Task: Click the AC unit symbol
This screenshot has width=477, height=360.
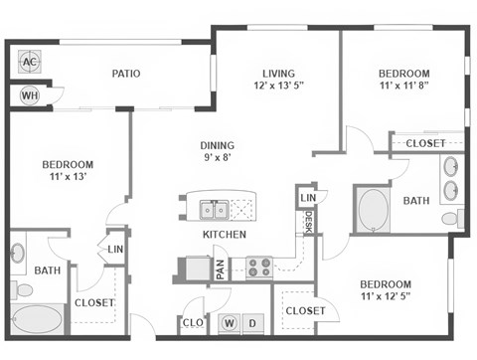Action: (x=29, y=62)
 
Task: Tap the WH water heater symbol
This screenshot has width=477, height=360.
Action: (x=29, y=95)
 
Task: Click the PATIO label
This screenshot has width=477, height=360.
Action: (x=125, y=74)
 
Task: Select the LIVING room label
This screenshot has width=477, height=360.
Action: (x=278, y=74)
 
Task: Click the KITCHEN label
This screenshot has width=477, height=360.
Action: (x=225, y=235)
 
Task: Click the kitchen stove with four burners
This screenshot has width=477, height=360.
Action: (x=259, y=268)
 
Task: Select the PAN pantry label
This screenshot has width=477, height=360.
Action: (x=221, y=269)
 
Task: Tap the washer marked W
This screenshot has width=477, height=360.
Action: (x=229, y=323)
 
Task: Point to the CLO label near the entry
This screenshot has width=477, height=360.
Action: (x=193, y=323)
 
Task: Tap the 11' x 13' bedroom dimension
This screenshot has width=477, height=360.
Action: (x=68, y=179)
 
